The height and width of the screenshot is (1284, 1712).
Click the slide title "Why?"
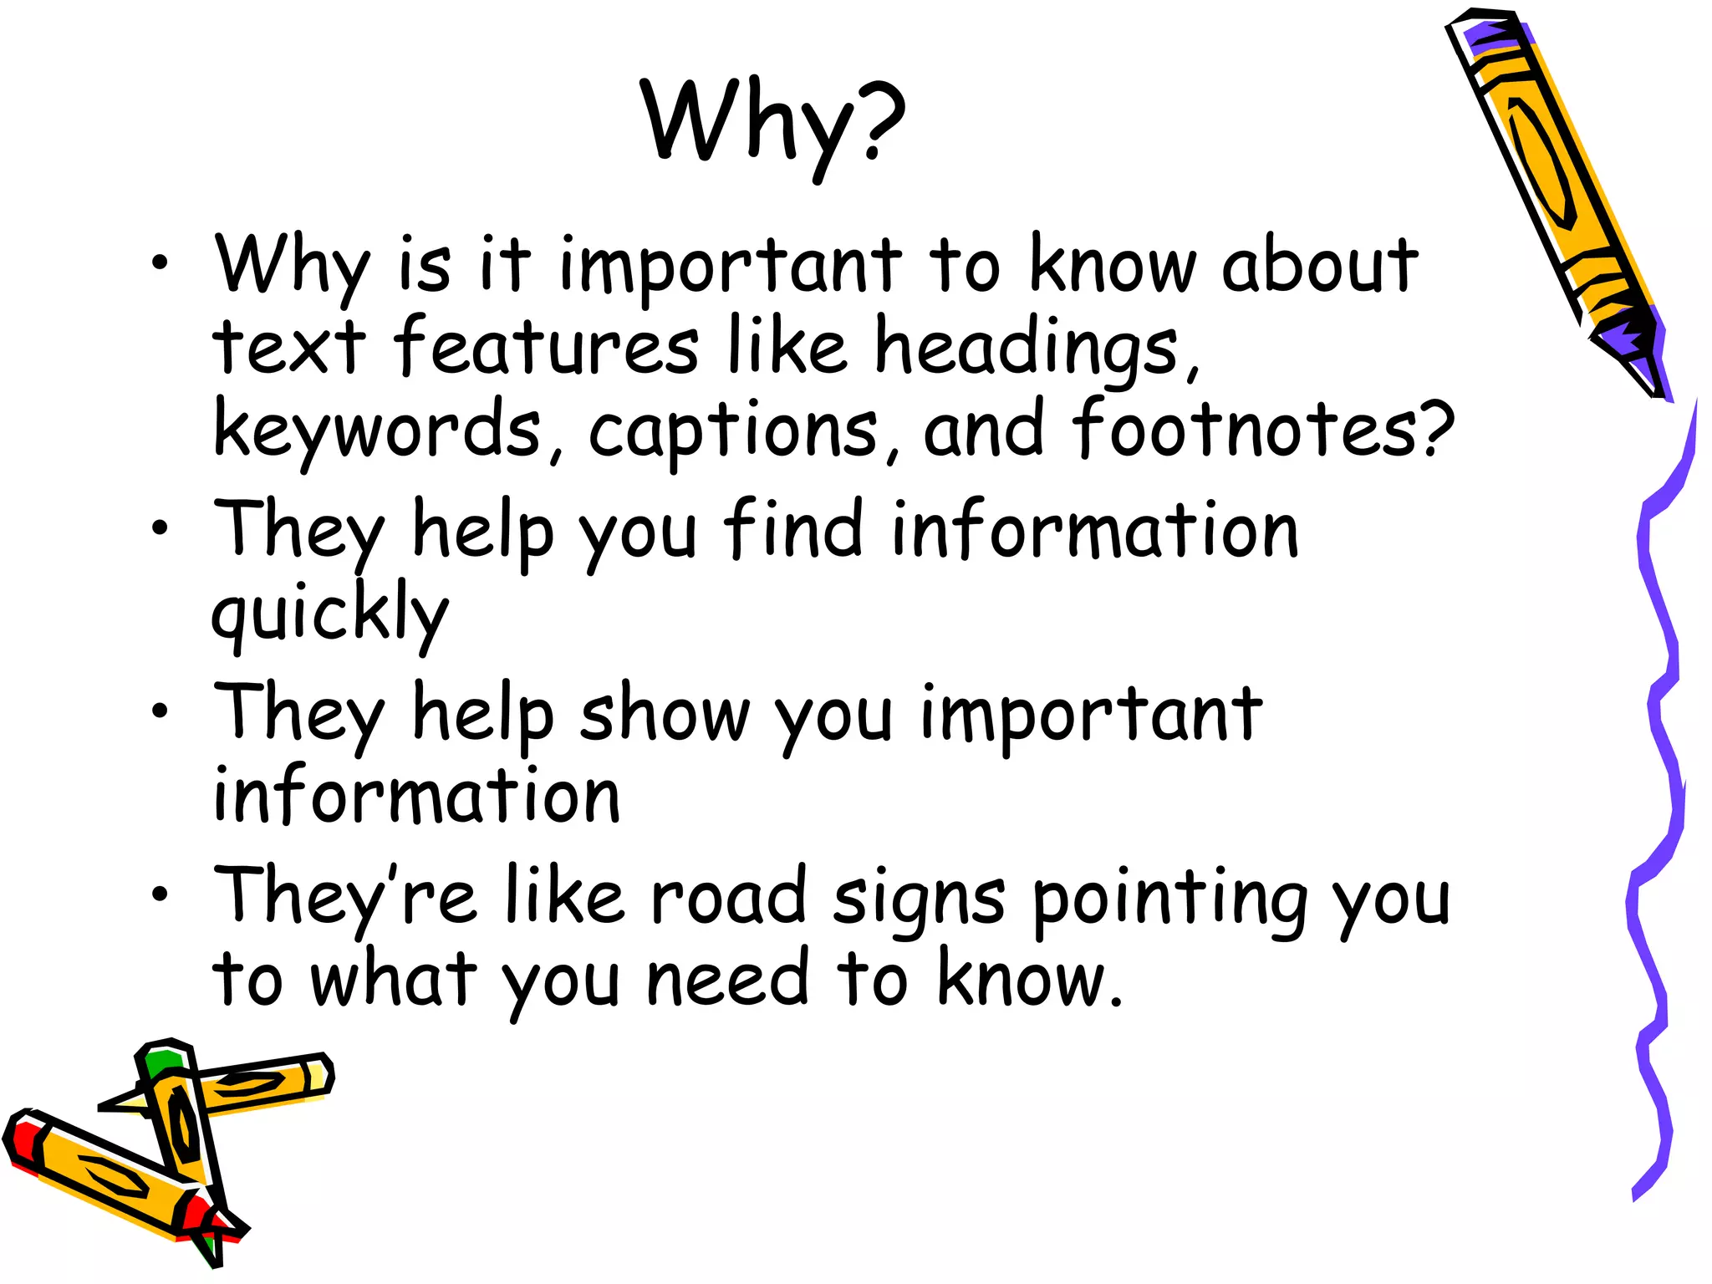tap(772, 121)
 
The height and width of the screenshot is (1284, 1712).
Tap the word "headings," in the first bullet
tap(1037, 349)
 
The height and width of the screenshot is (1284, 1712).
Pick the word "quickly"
tap(330, 614)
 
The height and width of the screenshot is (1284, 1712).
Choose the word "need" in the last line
tap(727, 980)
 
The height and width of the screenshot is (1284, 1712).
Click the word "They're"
tap(344, 899)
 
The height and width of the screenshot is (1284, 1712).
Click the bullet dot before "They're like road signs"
tap(160, 894)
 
